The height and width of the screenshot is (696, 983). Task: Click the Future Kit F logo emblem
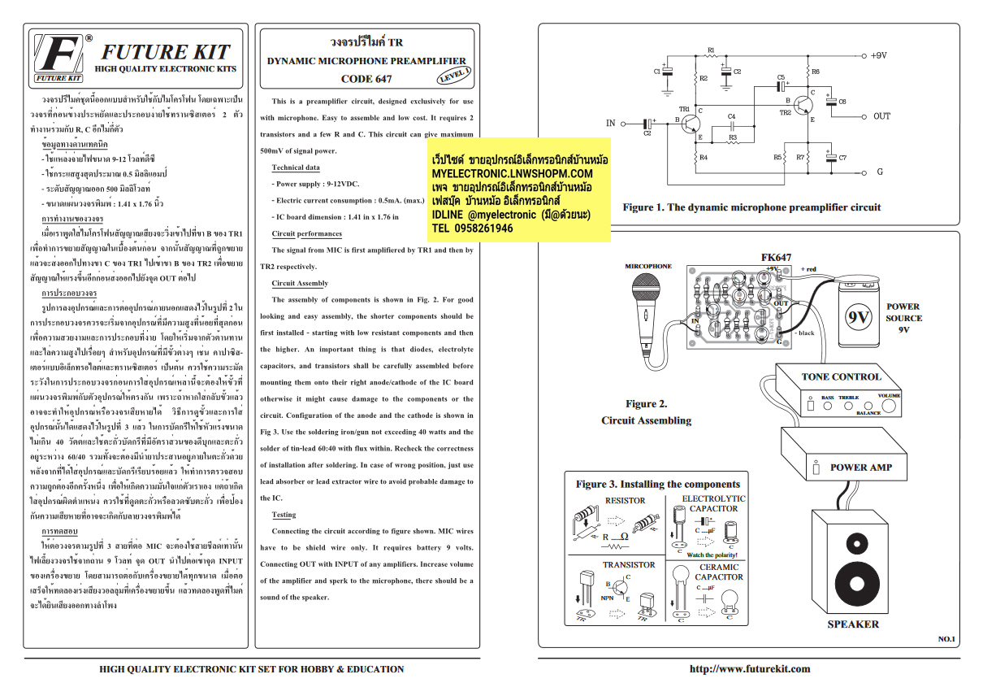pos(60,57)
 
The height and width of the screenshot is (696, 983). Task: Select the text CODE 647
pos(366,79)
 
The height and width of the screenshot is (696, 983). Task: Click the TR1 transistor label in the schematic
pos(683,108)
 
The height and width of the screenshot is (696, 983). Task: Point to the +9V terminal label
pos(877,55)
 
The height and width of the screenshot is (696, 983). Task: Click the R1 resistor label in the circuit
pos(711,50)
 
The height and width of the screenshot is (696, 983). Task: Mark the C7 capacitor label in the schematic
pos(842,157)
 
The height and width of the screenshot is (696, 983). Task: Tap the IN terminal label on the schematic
pos(610,124)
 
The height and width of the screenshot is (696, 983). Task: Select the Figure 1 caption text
pos(751,207)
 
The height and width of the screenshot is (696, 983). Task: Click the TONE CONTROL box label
pos(841,376)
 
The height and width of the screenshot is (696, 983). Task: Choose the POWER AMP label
pos(860,468)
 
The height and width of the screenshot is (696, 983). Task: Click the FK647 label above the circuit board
pos(776,258)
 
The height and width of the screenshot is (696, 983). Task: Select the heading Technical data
pos(295,167)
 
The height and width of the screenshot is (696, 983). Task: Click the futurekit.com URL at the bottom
pos(749,669)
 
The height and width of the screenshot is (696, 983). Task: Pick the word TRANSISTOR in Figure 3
pos(628,564)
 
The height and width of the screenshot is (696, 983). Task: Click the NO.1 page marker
pos(946,639)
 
